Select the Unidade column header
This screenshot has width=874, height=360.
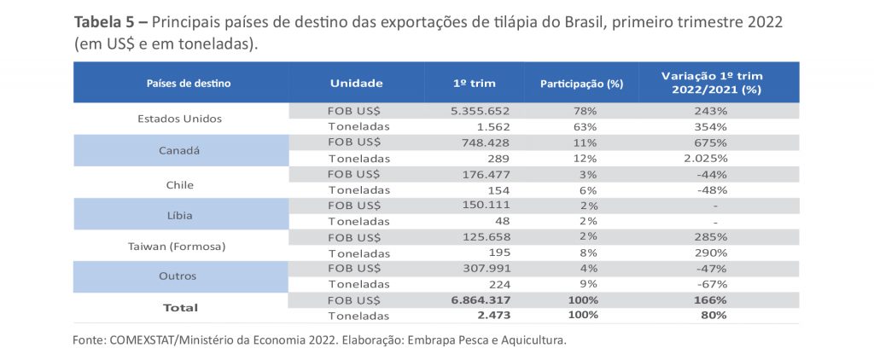(x=356, y=84)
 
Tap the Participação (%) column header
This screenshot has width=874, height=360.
(x=581, y=84)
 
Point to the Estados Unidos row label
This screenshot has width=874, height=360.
(x=179, y=119)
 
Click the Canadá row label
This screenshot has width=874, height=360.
(x=179, y=150)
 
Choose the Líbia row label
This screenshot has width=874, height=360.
(x=179, y=213)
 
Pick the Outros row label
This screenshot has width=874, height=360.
(x=179, y=276)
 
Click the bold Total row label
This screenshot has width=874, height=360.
(x=179, y=308)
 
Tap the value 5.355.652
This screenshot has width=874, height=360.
(x=479, y=111)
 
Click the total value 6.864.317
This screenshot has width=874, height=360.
(x=479, y=300)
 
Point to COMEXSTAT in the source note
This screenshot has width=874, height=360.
(x=144, y=340)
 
